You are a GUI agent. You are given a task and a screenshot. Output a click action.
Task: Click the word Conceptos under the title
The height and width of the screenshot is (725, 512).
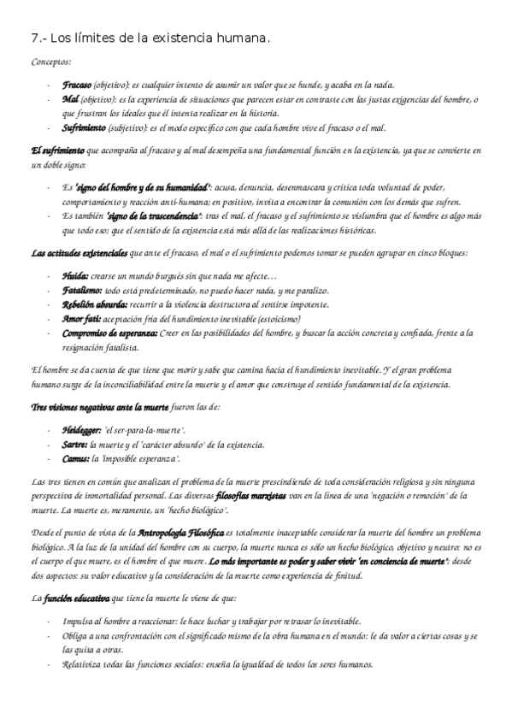point(52,62)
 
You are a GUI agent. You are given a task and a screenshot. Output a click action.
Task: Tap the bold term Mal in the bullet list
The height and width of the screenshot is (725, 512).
point(71,99)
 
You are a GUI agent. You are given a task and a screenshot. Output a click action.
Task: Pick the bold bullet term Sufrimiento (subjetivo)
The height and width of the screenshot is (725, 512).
point(84,127)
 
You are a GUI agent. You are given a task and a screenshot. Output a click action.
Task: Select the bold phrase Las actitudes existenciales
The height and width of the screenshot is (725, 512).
point(79,252)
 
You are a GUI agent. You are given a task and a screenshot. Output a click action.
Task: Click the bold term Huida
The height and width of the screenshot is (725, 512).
point(74,276)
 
